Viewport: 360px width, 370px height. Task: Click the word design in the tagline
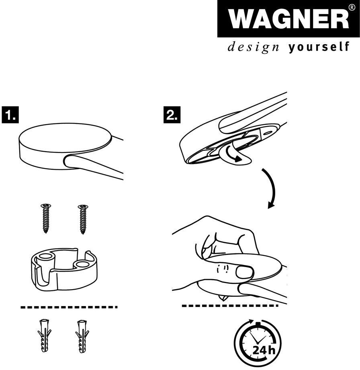point(254,47)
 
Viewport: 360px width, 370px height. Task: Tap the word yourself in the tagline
point(319,47)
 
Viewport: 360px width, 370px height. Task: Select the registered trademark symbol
point(351,7)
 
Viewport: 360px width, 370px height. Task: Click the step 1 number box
point(10,115)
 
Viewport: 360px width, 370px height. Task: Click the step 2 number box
point(172,115)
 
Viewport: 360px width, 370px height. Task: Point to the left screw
point(46,218)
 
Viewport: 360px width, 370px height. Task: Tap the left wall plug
point(44,335)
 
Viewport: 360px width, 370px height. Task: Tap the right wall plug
point(82,336)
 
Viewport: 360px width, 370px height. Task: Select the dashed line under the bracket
point(69,307)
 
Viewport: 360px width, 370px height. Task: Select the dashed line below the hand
point(230,306)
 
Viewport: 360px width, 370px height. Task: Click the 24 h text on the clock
point(264,350)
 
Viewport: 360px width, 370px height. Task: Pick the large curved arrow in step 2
point(272,187)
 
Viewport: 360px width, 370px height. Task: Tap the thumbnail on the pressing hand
point(244,272)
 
